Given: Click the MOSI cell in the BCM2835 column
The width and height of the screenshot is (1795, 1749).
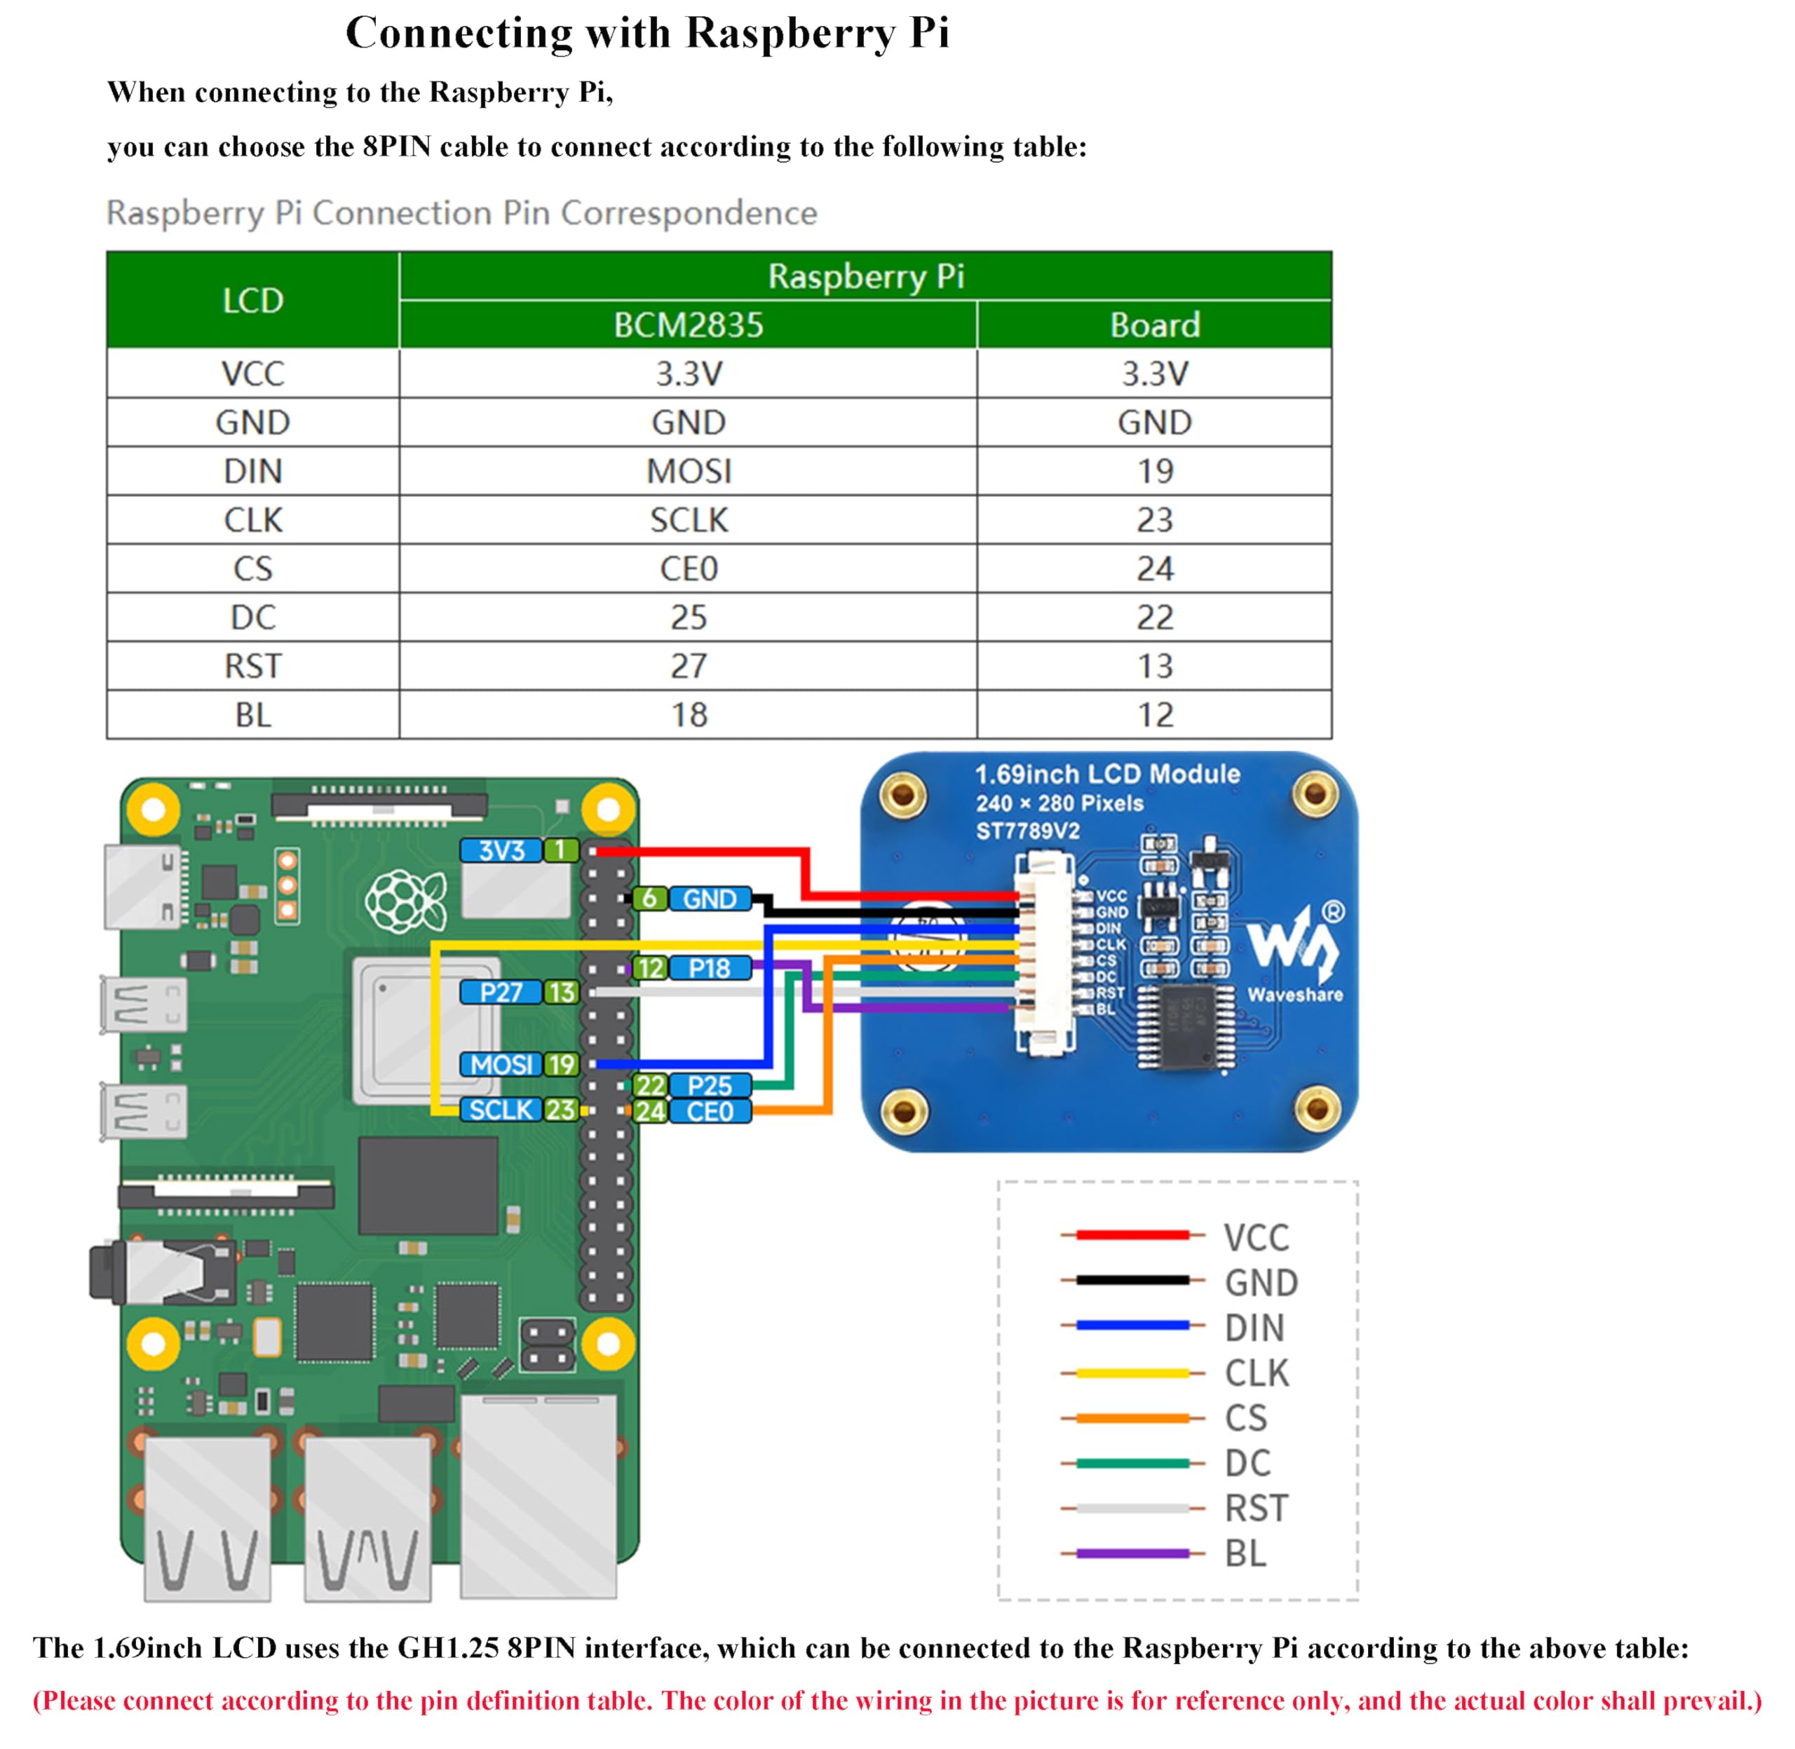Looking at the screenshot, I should click(x=688, y=471).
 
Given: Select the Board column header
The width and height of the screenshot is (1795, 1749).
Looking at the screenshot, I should click(x=1154, y=325).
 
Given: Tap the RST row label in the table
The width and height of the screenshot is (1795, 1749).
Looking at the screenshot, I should click(x=252, y=666).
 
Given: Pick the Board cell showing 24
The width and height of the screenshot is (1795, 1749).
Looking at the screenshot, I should click(x=1154, y=569).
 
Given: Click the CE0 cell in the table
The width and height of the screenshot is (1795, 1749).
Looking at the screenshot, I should click(x=688, y=569).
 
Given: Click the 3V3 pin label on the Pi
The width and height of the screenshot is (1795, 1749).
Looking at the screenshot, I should click(x=501, y=850).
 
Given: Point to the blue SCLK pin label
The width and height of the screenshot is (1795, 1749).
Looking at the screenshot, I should click(x=501, y=1110).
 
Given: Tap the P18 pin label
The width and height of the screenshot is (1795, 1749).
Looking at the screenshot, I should click(x=709, y=968).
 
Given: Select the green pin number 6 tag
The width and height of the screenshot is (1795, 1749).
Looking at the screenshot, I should click(x=649, y=899).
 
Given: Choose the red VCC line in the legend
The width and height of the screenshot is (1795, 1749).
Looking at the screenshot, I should click(x=1132, y=1235).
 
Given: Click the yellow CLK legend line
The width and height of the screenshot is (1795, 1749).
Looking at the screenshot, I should click(x=1132, y=1373).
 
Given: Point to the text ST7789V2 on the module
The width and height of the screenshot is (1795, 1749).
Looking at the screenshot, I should click(x=1027, y=831).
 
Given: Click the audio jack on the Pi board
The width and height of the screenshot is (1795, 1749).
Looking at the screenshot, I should click(x=161, y=1272).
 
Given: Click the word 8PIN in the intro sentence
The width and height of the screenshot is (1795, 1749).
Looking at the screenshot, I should click(x=396, y=147).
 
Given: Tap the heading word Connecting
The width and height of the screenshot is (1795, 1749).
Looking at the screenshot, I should click(x=459, y=33).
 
